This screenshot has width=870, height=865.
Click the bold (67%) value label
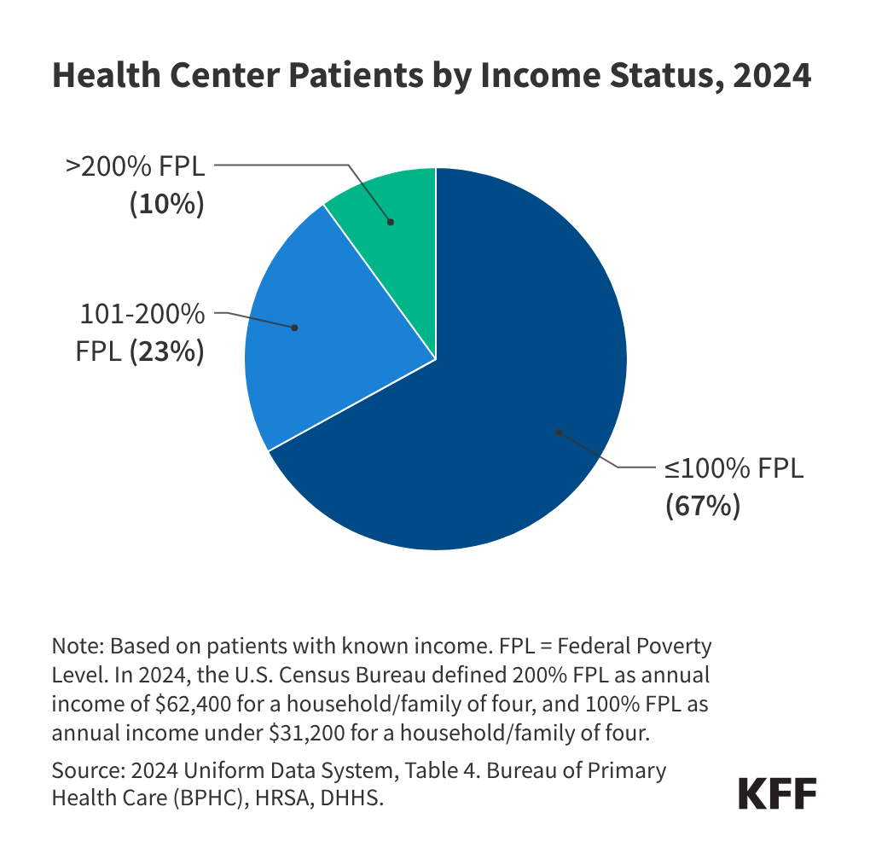[x=702, y=505]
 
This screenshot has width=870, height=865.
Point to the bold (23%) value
[x=166, y=351]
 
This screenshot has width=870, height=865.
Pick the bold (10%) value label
[x=166, y=205]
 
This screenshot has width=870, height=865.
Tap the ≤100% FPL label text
[x=734, y=469]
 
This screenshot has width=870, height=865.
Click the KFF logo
[x=776, y=794]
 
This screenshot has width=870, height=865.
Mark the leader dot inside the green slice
[x=391, y=222]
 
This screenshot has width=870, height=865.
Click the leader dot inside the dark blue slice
[x=558, y=432]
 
